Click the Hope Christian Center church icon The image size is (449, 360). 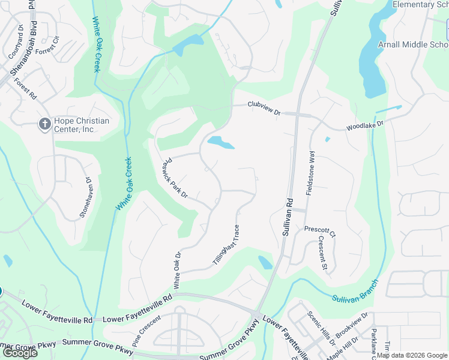(x=44, y=124)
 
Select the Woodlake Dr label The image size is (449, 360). (x=364, y=125)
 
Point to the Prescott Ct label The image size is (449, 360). (x=319, y=229)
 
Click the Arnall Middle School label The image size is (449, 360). (x=413, y=45)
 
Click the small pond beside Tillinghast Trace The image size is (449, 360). (x=265, y=262)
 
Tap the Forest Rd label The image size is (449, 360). (x=25, y=89)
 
